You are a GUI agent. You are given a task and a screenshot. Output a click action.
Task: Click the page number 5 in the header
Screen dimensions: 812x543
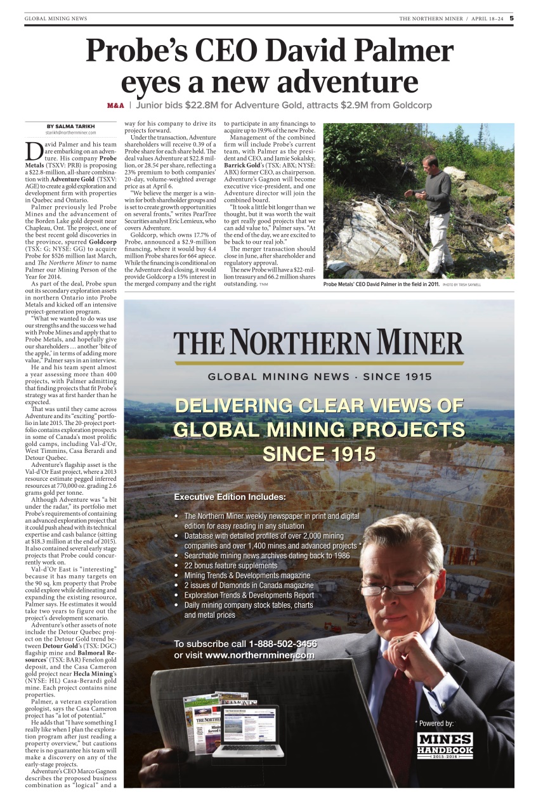coord(511,18)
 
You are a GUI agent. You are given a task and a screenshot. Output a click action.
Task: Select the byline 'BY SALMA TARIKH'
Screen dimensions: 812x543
coord(70,126)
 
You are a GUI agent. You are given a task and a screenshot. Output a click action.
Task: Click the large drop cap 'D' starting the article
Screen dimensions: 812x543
coord(35,152)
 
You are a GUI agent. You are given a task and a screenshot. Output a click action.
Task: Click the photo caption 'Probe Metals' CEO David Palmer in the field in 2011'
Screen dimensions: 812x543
coord(381,285)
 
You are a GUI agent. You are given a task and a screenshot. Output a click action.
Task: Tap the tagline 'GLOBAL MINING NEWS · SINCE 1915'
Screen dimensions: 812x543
coord(320,377)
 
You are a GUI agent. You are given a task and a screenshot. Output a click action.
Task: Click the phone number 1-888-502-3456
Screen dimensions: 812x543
coord(283,644)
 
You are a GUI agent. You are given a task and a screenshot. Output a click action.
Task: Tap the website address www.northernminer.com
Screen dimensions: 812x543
coord(259,655)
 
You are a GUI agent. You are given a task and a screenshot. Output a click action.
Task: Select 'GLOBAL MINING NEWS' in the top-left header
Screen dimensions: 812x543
coord(56,18)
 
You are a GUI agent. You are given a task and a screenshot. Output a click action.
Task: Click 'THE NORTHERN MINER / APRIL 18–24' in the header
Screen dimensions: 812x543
coord(451,18)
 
